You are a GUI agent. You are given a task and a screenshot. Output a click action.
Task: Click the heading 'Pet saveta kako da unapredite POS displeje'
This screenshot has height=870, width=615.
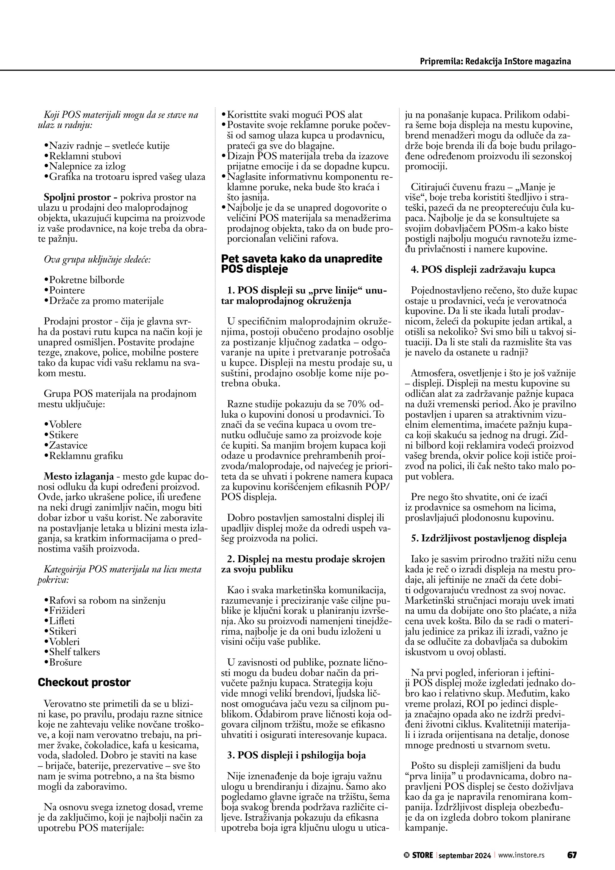[x=301, y=264]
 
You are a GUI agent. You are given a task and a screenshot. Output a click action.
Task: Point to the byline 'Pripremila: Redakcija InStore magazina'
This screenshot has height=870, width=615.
[x=495, y=61]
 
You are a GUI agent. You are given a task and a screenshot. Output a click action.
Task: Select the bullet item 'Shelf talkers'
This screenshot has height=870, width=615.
[x=74, y=652]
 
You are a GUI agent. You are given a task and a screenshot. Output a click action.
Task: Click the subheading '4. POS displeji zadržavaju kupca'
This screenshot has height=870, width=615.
[x=483, y=269]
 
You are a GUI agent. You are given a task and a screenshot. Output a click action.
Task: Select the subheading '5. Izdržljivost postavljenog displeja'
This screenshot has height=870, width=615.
[x=489, y=538]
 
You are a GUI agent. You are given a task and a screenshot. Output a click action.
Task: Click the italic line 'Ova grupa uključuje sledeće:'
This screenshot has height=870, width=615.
[x=97, y=260]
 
